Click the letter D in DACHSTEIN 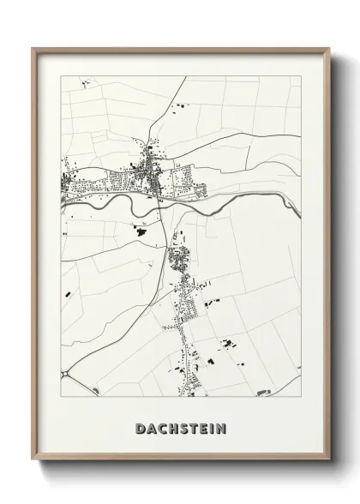tap(140, 428)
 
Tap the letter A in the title tap(151, 428)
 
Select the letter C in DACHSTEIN tap(162, 428)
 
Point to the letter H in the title tap(173, 428)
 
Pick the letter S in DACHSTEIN tap(183, 428)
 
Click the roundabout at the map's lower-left tap(66, 374)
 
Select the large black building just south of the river tap(136, 228)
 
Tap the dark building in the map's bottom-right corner tap(264, 392)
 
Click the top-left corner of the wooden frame tap(33, 49)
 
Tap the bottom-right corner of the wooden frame tap(329, 464)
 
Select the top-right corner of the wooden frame tap(329, 49)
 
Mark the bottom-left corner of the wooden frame tap(33, 464)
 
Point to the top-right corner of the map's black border tap(301, 76)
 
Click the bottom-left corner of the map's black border tap(61, 397)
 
